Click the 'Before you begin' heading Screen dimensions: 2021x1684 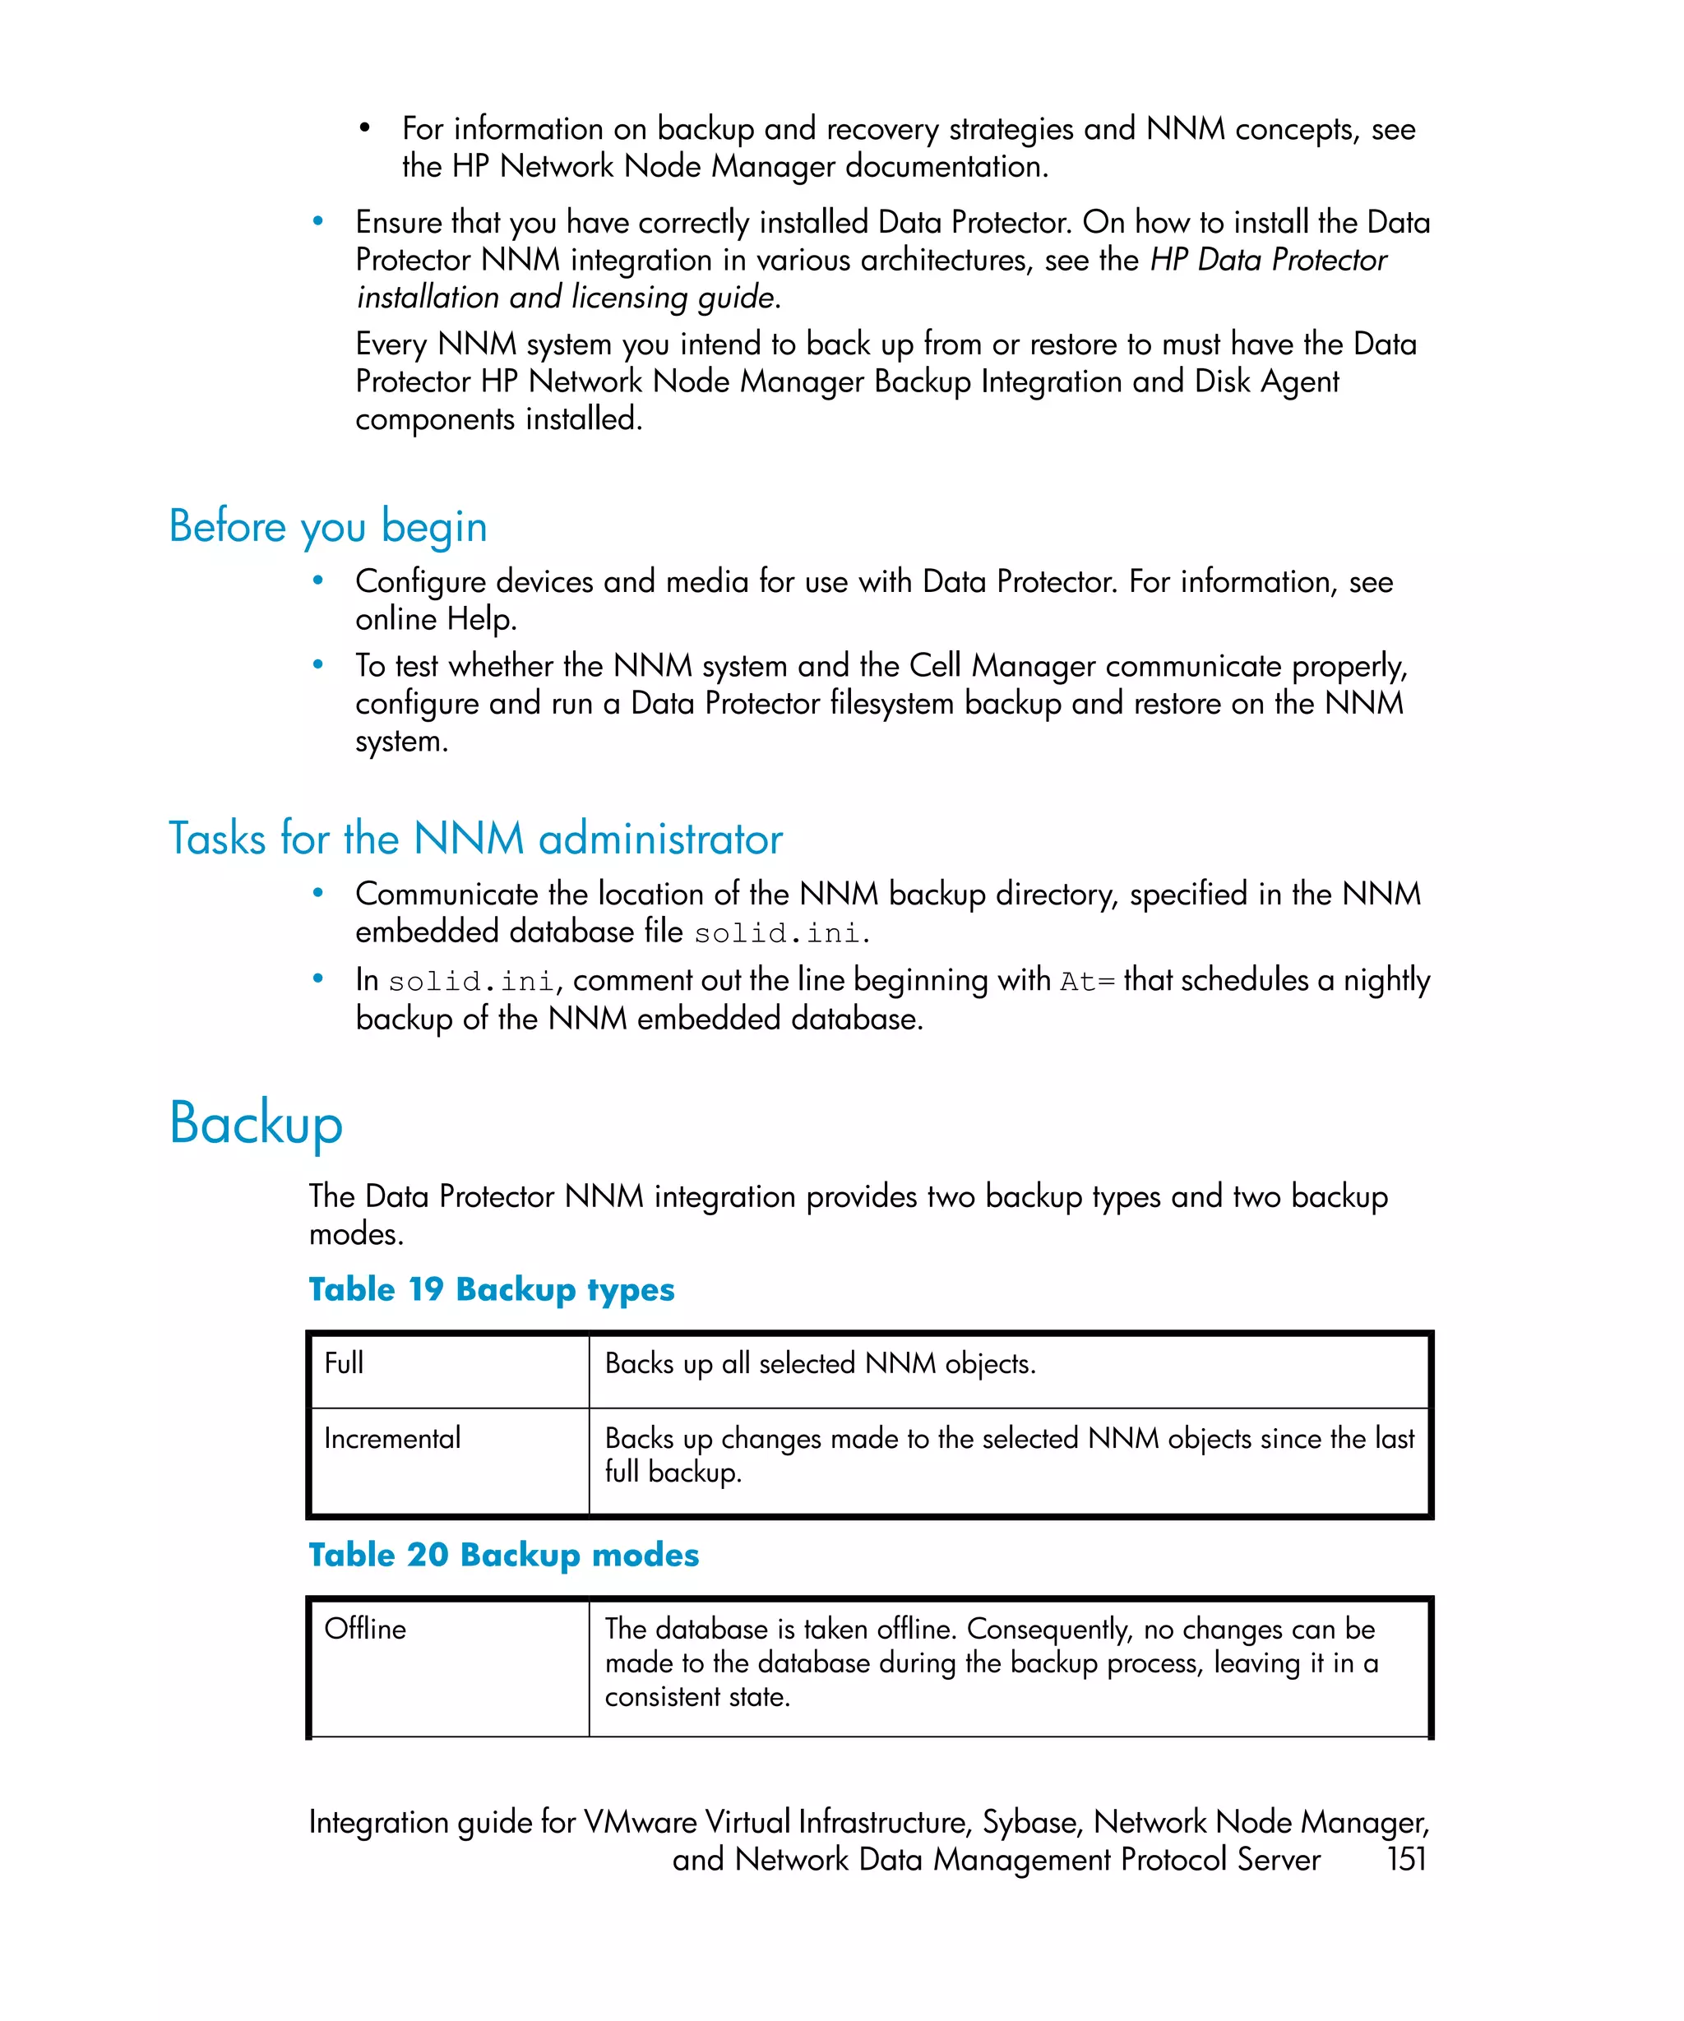tap(327, 526)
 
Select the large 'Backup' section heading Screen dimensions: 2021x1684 tap(256, 1122)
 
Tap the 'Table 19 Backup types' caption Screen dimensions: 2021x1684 tap(491, 1288)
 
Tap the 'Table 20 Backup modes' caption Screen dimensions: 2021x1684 tap(503, 1554)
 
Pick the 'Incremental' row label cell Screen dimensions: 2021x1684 tap(392, 1438)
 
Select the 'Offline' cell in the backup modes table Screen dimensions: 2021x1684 tap(366, 1628)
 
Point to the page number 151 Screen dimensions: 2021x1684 tap(1405, 1858)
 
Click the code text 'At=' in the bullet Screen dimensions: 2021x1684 tap(1086, 982)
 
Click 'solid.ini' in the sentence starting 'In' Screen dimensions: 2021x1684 tap(470, 982)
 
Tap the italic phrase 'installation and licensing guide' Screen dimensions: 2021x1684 tap(566, 298)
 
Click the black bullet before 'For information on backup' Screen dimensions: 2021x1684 tap(365, 129)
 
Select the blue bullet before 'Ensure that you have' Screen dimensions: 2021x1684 tap(317, 222)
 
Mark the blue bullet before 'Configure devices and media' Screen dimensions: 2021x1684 tap(317, 581)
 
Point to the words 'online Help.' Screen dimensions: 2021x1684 tap(436, 619)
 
